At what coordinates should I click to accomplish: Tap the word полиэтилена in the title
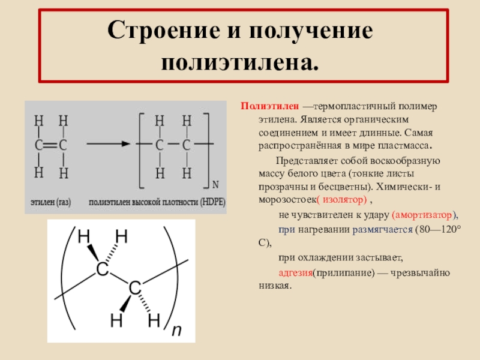[241, 61]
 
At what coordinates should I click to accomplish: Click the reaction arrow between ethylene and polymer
[108, 144]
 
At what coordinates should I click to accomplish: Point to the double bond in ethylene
[50, 145]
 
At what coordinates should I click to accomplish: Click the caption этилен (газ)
[51, 203]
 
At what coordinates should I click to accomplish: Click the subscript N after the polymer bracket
[216, 182]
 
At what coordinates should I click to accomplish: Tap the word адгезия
[294, 273]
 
